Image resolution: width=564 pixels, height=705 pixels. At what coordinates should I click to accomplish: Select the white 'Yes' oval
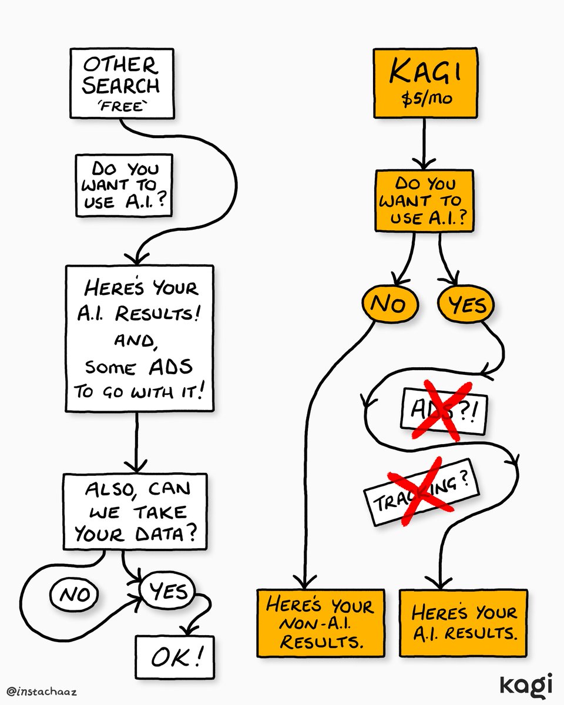point(167,591)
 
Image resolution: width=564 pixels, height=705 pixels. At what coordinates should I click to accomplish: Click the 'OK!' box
point(173,657)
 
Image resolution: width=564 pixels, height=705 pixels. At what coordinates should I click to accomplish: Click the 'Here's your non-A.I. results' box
point(321,623)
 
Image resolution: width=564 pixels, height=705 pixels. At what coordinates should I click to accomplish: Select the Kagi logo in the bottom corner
point(526,685)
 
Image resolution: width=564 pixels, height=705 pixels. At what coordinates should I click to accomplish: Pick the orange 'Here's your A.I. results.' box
point(464,623)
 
